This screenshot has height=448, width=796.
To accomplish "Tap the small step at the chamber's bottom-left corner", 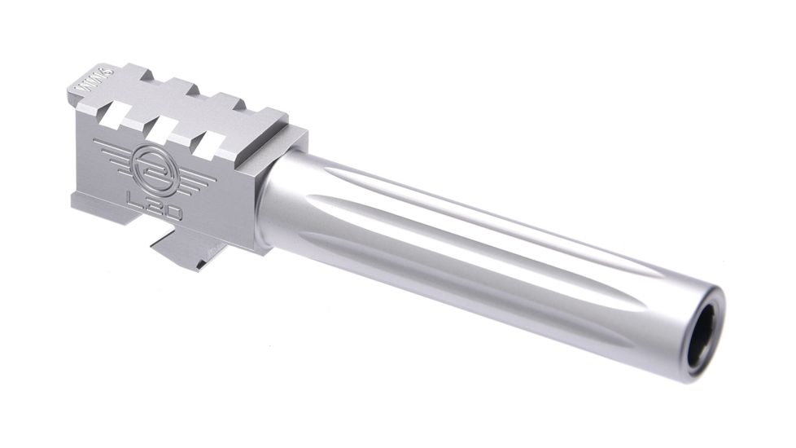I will coord(80,200).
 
